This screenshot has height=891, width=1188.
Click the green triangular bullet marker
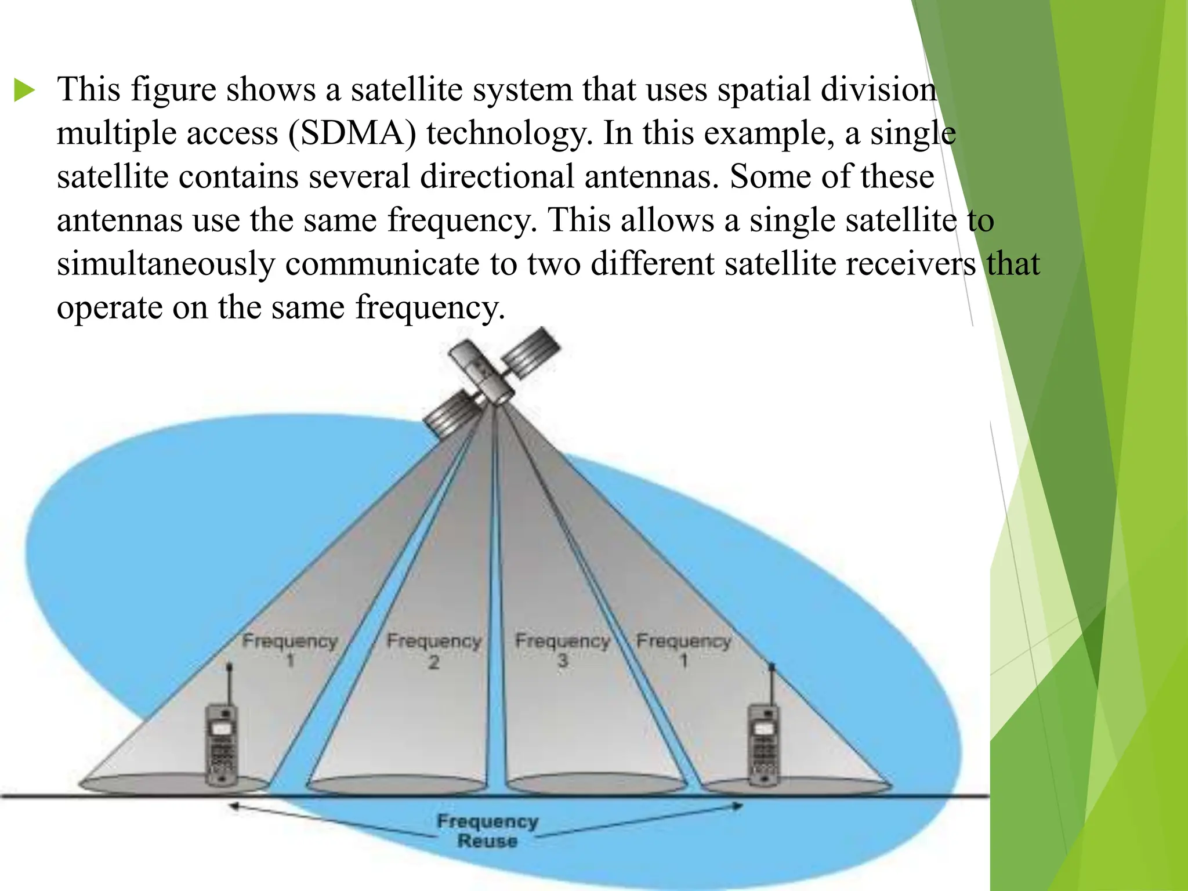pyautogui.click(x=24, y=91)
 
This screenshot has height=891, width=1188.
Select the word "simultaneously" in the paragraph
pyautogui.click(x=165, y=264)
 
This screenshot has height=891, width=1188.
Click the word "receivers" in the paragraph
pyautogui.click(x=910, y=264)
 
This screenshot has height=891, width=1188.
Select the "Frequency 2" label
pyautogui.click(x=434, y=650)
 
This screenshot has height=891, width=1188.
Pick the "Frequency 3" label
pyautogui.click(x=563, y=650)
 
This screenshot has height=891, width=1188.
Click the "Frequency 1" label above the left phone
pyautogui.click(x=290, y=650)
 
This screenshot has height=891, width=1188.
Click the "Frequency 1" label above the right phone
pyautogui.click(x=684, y=650)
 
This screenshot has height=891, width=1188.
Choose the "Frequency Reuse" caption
pyautogui.click(x=487, y=831)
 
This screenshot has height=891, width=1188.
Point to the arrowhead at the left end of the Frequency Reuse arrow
pyautogui.click(x=233, y=806)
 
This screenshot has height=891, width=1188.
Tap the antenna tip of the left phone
pyautogui.click(x=230, y=667)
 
